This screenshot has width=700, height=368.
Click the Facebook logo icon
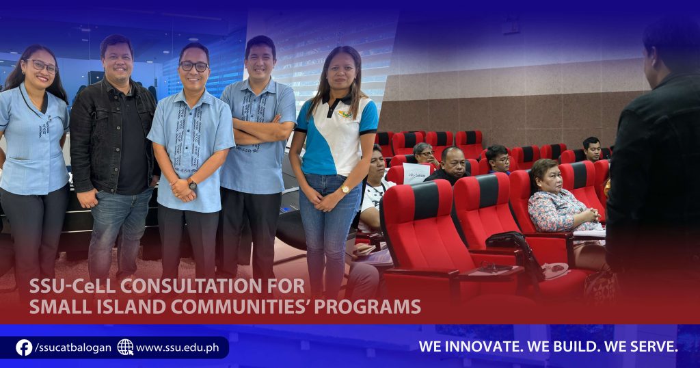tap(24, 347)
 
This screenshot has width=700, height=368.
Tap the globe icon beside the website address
tap(126, 347)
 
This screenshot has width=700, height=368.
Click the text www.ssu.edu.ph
tap(177, 348)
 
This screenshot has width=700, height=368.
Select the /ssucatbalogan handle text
tap(73, 348)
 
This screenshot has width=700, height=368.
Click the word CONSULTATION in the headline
tap(193, 286)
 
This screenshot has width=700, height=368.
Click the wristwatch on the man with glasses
tap(191, 183)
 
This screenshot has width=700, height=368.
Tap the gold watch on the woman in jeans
tap(345, 189)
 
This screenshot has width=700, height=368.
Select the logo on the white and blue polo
tap(345, 114)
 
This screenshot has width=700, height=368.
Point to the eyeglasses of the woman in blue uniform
tap(42, 66)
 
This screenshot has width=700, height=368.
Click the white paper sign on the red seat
tap(416, 173)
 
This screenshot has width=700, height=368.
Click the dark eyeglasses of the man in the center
tap(193, 66)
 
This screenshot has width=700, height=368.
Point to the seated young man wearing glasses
tap(497, 159)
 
